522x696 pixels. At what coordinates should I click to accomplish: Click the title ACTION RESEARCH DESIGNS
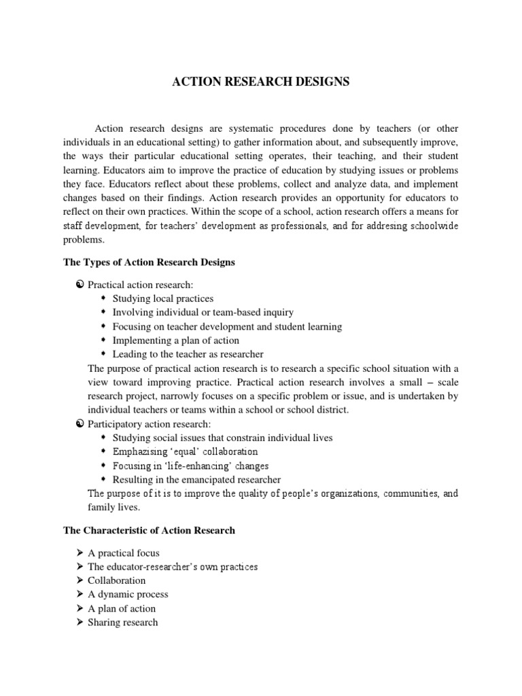click(x=261, y=82)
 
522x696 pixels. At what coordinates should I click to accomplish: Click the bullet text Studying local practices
click(x=163, y=298)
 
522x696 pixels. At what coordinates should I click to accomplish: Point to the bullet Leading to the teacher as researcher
click(x=188, y=354)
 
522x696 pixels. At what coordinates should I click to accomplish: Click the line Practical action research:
click(x=140, y=284)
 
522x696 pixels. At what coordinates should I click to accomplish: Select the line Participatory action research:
click(x=145, y=424)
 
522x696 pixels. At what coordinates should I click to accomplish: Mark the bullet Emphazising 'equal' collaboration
click(x=185, y=451)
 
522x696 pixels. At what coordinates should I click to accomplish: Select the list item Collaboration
click(x=116, y=580)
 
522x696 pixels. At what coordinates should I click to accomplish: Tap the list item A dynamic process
click(x=128, y=594)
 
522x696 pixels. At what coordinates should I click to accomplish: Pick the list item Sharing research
click(x=122, y=622)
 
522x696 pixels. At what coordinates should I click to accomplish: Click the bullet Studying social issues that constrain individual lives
click(x=222, y=438)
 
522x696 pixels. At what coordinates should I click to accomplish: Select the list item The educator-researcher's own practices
click(x=173, y=567)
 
